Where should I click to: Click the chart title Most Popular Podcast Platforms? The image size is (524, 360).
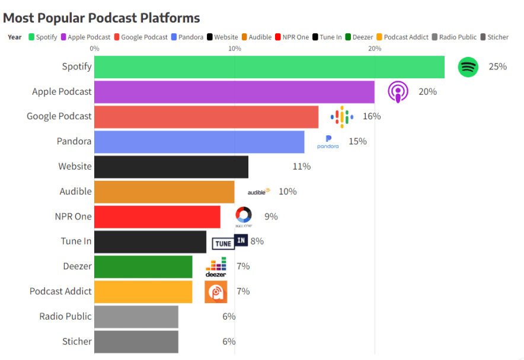pyautogui.click(x=101, y=18)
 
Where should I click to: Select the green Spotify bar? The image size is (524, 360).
pyautogui.click(x=269, y=67)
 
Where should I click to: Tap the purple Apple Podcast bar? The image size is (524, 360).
pyautogui.click(x=234, y=92)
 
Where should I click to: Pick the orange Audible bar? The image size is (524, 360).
pyautogui.click(x=164, y=192)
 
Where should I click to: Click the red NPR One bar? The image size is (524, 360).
pyautogui.click(x=157, y=216)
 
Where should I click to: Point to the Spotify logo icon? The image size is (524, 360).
pyautogui.click(x=468, y=67)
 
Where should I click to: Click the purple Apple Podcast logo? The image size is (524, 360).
pyautogui.click(x=398, y=92)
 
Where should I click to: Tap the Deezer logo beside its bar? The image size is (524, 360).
pyautogui.click(x=216, y=267)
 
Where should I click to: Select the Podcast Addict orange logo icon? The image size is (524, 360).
pyautogui.click(x=216, y=292)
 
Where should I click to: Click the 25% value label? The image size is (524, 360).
pyautogui.click(x=497, y=67)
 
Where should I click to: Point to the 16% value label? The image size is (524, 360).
pyautogui.click(x=372, y=117)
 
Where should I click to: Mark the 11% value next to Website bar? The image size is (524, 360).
pyautogui.click(x=301, y=167)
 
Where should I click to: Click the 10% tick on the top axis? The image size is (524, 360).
pyautogui.click(x=235, y=48)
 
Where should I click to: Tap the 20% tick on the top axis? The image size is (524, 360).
pyautogui.click(x=375, y=48)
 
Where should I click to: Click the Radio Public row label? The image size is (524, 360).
pyautogui.click(x=65, y=316)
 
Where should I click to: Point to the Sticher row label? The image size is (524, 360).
pyautogui.click(x=77, y=342)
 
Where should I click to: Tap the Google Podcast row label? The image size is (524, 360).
pyautogui.click(x=59, y=117)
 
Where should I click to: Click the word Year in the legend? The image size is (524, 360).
pyautogui.click(x=15, y=37)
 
